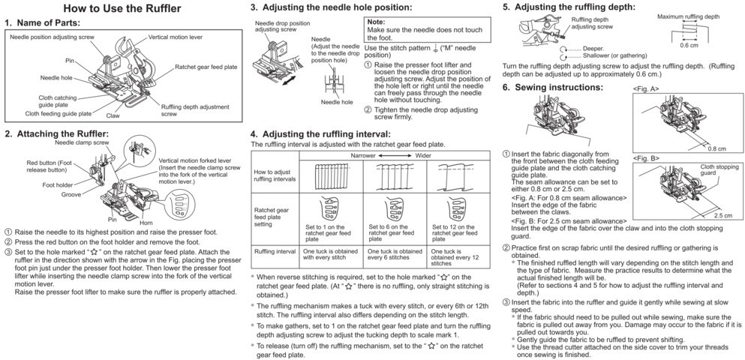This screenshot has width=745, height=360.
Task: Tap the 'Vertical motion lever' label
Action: click(x=178, y=36)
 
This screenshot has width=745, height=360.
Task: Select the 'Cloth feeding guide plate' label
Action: click(x=59, y=114)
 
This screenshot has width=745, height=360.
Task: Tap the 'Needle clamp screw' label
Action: click(x=84, y=142)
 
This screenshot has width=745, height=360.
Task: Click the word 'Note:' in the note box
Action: click(x=377, y=22)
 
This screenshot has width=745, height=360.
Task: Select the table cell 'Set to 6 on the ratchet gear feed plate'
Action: click(x=393, y=230)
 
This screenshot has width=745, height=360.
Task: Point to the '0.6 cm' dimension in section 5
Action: click(x=689, y=45)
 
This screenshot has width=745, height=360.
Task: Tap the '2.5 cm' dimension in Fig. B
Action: click(x=722, y=215)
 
